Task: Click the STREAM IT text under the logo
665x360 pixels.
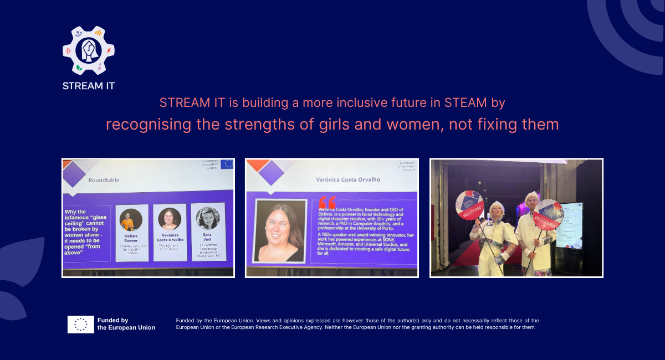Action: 89,86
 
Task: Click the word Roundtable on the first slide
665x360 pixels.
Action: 104,180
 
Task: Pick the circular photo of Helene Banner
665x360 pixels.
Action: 131,220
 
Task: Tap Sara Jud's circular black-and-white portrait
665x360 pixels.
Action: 208,218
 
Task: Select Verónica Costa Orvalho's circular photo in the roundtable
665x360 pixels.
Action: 170,219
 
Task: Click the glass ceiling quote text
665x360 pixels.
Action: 86,231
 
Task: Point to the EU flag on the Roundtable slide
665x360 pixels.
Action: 227,164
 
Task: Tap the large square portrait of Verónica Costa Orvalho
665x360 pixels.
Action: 280,231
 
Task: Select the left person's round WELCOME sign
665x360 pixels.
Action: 470,205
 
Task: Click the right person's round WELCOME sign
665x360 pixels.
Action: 548,214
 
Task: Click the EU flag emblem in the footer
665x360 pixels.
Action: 80,324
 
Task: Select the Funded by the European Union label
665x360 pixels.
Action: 126,324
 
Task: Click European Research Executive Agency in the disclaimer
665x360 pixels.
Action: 289,327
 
